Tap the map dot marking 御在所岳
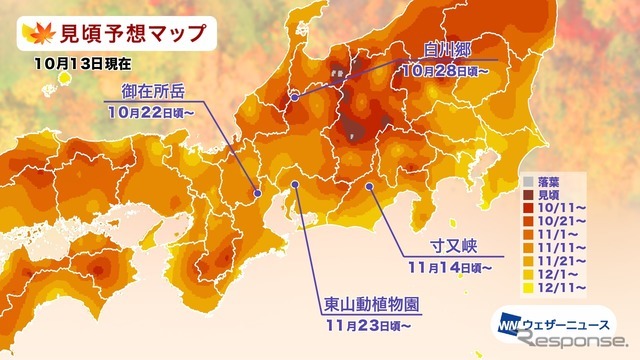pos(258,193)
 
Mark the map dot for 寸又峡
pos(369,186)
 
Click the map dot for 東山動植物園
pos(297,186)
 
